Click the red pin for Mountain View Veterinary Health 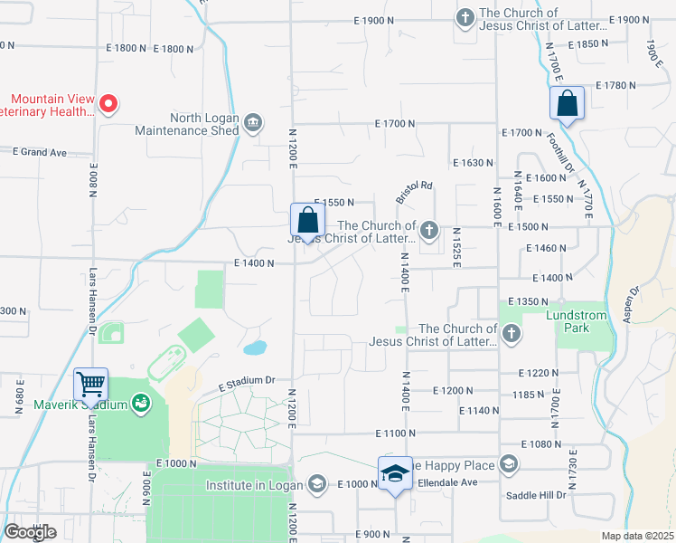click(108, 104)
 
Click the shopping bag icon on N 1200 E click(307, 220)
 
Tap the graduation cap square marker click(395, 473)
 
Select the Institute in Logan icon click(316, 485)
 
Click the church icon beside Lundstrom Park click(511, 334)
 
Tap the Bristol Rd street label click(414, 192)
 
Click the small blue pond click(255, 348)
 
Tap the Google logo click(30, 532)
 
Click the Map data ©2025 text click(638, 536)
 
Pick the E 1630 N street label click(472, 163)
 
